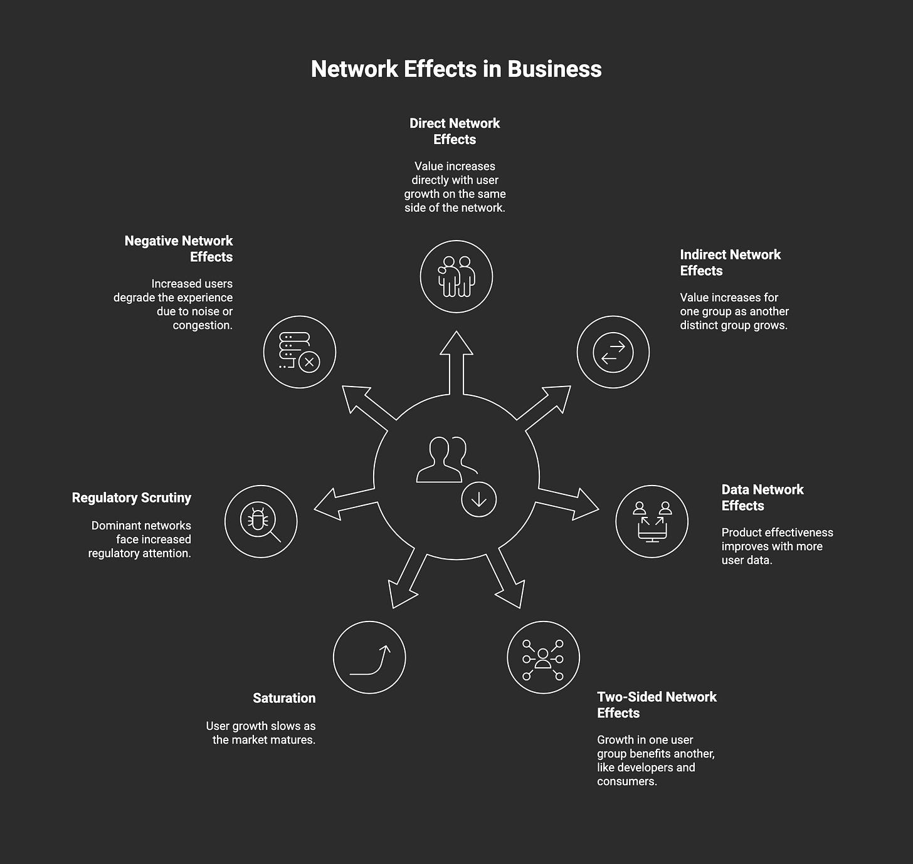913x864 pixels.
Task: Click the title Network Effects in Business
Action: pyautogui.click(x=456, y=69)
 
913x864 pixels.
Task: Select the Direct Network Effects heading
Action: pyautogui.click(x=455, y=132)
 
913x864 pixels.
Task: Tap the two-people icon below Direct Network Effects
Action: pyautogui.click(x=456, y=276)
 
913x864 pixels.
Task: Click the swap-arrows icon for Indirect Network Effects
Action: pyautogui.click(x=613, y=352)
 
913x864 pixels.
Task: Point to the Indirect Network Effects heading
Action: pyautogui.click(x=730, y=263)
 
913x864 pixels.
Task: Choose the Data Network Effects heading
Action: pyautogui.click(x=762, y=497)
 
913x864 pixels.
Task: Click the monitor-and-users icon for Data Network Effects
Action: pyautogui.click(x=652, y=521)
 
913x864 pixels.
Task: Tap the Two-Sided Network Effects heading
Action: pyautogui.click(x=656, y=705)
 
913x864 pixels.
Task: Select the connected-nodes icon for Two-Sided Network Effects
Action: pyautogui.click(x=543, y=657)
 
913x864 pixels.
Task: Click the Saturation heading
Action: pyautogui.click(x=284, y=698)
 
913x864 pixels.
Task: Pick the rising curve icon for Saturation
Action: pyautogui.click(x=369, y=657)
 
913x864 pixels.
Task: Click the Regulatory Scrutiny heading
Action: pyautogui.click(x=132, y=497)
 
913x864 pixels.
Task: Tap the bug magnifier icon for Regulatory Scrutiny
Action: pyautogui.click(x=260, y=521)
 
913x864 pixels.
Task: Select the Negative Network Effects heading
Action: pyautogui.click(x=179, y=249)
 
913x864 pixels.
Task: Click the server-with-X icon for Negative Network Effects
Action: pyautogui.click(x=300, y=352)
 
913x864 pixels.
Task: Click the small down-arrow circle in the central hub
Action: pyautogui.click(x=478, y=499)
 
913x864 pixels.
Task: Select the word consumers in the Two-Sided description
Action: pyautogui.click(x=626, y=781)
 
